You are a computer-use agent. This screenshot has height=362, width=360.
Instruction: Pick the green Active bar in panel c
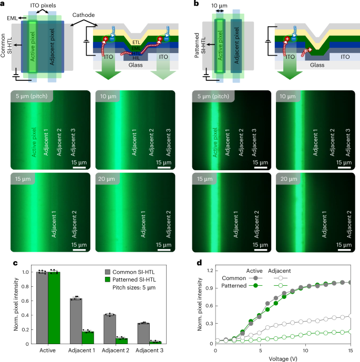(x=53, y=308)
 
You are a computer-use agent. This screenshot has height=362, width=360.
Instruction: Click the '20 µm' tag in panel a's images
(x=108, y=180)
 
